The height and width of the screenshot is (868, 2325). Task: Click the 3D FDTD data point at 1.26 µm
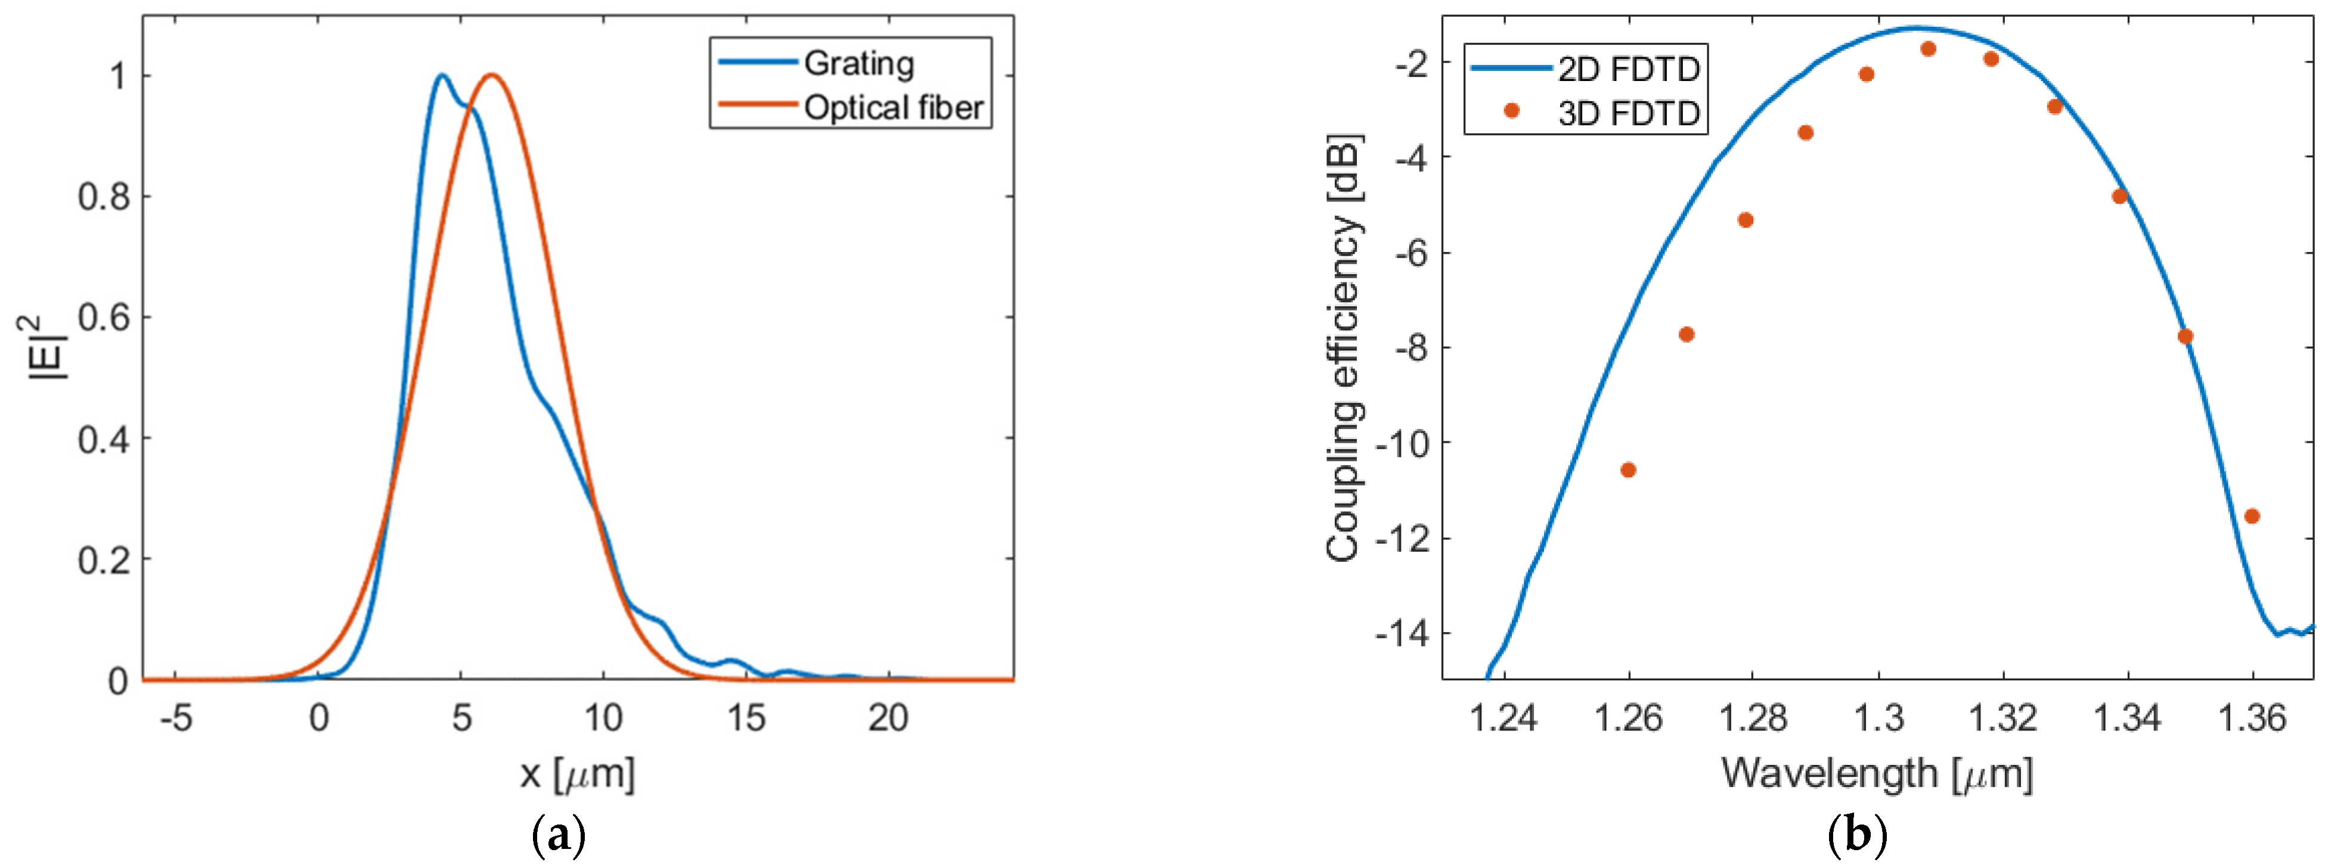pos(1628,470)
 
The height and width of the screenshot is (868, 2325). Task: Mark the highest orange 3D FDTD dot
pos(1929,49)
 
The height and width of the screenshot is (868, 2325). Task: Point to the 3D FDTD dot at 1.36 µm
pos(2252,516)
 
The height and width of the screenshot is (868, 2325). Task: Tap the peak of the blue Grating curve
pos(441,75)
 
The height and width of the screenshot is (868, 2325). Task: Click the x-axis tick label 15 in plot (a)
pos(746,719)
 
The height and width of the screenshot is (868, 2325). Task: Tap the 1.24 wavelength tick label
pos(1503,719)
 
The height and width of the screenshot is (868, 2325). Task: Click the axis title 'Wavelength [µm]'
pos(1877,774)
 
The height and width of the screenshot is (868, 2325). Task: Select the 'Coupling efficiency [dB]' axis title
pos(1343,347)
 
